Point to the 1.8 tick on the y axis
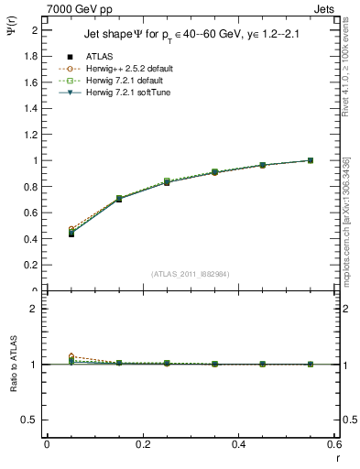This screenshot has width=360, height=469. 34,56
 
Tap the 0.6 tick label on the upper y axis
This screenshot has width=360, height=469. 34,213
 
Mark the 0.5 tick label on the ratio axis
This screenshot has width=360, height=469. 34,420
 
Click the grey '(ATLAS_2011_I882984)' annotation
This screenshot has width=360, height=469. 190,273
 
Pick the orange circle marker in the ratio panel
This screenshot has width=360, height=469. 46,356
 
